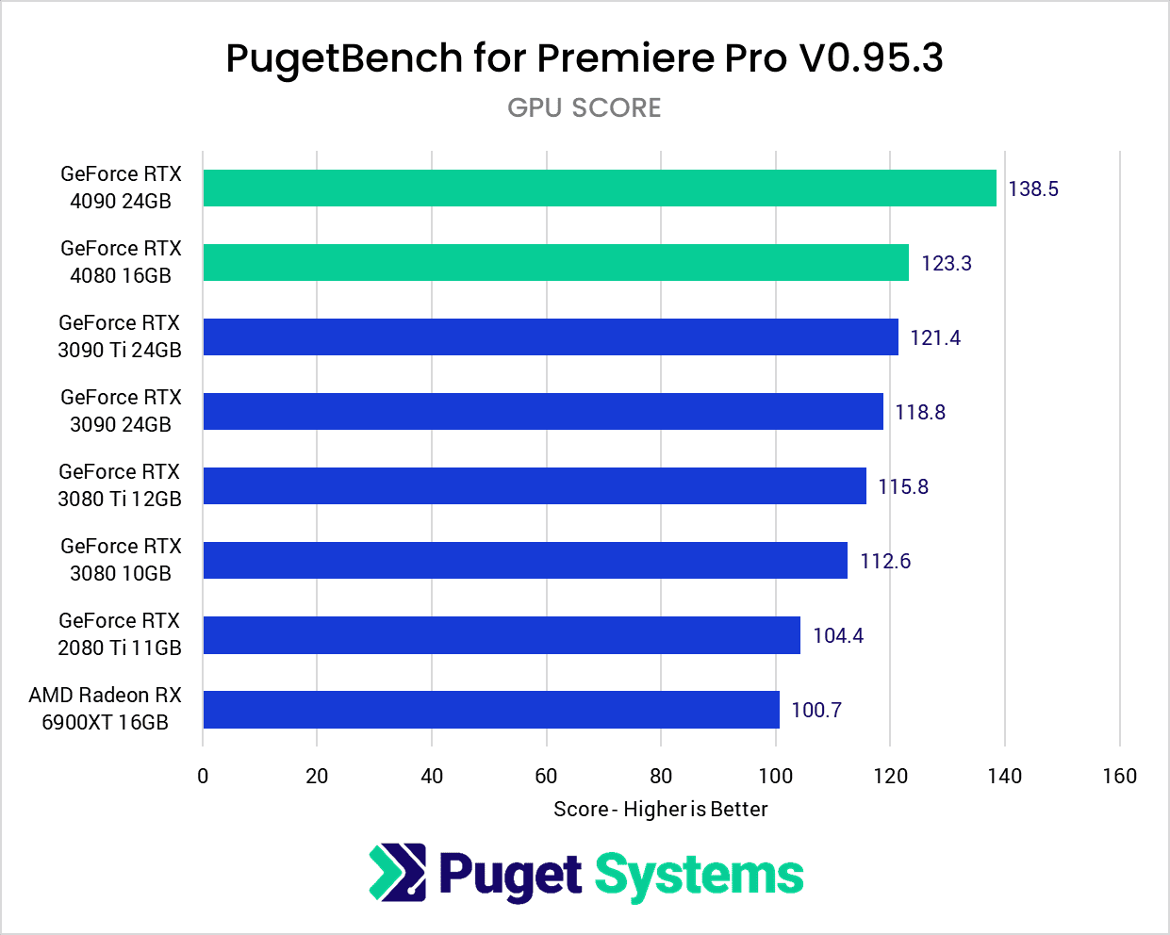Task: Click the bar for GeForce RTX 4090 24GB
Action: click(x=600, y=188)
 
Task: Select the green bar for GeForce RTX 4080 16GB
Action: click(x=556, y=262)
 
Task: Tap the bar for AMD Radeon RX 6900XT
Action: click(x=491, y=710)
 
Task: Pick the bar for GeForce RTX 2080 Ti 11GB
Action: click(x=502, y=635)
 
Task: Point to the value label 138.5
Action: click(x=1033, y=189)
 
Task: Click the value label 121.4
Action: click(x=935, y=337)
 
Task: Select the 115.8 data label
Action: click(x=903, y=486)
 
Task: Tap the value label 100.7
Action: click(x=816, y=710)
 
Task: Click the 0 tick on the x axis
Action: click(x=203, y=776)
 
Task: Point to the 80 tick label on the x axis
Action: click(x=661, y=776)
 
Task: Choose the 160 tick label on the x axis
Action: click(x=1119, y=776)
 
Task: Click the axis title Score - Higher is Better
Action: click(x=661, y=809)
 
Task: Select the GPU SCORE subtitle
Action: click(x=585, y=107)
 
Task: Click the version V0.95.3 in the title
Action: click(x=871, y=58)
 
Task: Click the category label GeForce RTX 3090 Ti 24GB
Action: click(x=120, y=336)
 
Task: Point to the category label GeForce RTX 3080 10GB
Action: click(x=121, y=560)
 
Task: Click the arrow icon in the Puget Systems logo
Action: click(x=397, y=872)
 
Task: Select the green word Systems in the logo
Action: click(x=699, y=876)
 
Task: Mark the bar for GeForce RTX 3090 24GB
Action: click(x=543, y=411)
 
